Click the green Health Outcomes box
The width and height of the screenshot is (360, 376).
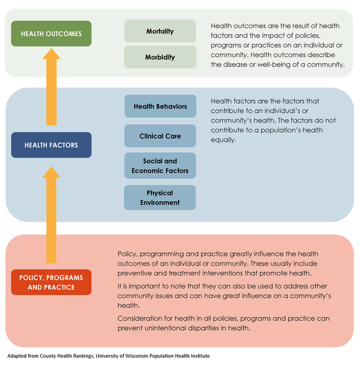(52, 34)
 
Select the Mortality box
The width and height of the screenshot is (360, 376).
(160, 31)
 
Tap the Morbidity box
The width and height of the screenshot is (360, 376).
(160, 57)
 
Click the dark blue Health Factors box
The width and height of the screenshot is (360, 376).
(52, 145)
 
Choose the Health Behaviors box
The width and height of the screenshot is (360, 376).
(160, 107)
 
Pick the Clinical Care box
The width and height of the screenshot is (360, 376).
(160, 136)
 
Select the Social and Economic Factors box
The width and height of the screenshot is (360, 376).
(160, 166)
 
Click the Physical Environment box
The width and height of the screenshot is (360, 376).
(160, 197)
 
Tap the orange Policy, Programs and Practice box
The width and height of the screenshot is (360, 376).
(52, 282)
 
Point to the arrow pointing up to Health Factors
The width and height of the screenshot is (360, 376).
(52, 215)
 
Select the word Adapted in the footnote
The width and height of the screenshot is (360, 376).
(18, 356)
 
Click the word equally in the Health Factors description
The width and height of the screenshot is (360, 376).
(224, 140)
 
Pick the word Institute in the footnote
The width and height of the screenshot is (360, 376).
(197, 356)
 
